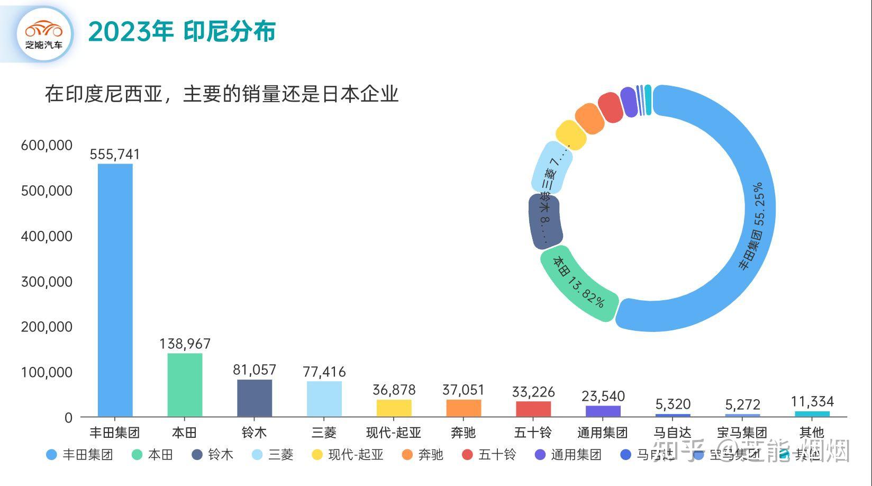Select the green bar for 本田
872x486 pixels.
click(185, 385)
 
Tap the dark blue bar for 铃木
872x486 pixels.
click(255, 398)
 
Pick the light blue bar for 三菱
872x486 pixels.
click(324, 399)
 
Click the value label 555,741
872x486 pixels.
click(115, 154)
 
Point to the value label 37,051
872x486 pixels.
click(463, 390)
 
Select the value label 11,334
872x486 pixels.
click(812, 401)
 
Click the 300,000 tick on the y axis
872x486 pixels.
click(47, 282)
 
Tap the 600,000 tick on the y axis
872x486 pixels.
click(47, 146)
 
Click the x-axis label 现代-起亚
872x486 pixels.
click(394, 433)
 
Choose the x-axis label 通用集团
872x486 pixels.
click(603, 433)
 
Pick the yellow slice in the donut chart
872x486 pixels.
click(571, 135)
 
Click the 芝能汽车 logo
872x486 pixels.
click(43, 34)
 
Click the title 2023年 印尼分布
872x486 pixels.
click(181, 32)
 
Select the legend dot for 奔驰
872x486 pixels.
click(407, 455)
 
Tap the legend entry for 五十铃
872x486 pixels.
click(489, 455)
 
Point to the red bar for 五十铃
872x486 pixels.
click(533, 409)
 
